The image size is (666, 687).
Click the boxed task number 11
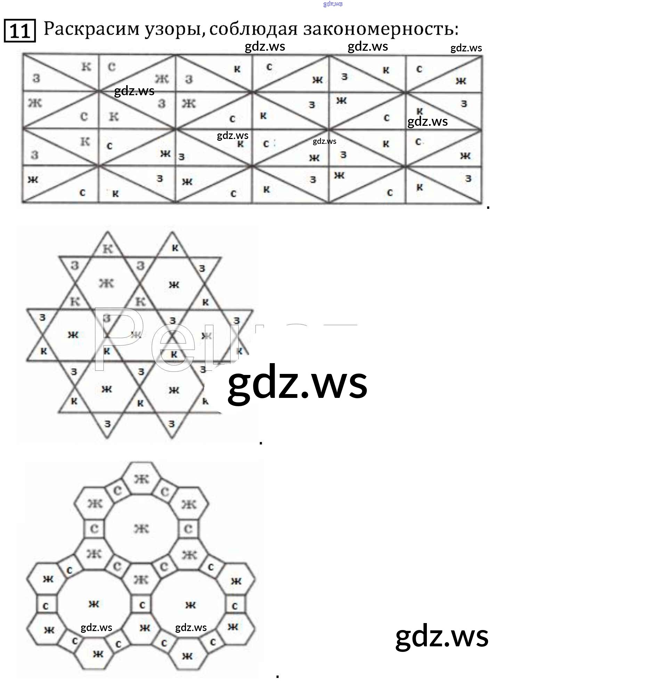[19, 31]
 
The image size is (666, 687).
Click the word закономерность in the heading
[381, 29]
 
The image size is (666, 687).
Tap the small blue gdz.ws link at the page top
[333, 4]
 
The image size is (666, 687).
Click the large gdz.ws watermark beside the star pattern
[297, 383]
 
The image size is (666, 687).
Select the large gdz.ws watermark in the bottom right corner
[442, 636]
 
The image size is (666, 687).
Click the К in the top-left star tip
[108, 249]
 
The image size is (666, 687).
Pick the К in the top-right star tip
[175, 248]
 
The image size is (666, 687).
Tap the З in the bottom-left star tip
[108, 424]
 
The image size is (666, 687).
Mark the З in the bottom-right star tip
[171, 424]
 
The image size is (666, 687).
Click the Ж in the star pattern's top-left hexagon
[106, 283]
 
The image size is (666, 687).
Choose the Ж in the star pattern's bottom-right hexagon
[174, 390]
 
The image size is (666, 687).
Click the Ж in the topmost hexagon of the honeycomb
[141, 479]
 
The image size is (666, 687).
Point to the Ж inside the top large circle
[141, 529]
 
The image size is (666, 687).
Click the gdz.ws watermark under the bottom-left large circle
[96, 628]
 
